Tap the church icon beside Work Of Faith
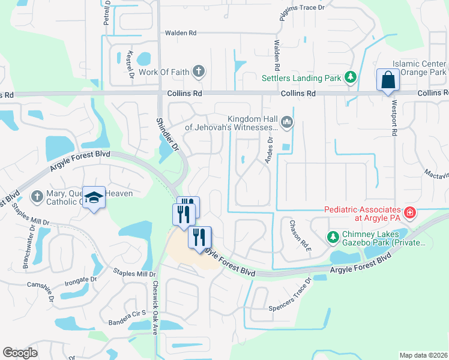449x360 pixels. coord(199,73)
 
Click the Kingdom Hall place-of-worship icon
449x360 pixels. coord(287,123)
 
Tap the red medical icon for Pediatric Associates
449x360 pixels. coord(410,212)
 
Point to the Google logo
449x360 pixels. coord(20,352)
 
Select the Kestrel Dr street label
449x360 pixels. coord(130,65)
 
